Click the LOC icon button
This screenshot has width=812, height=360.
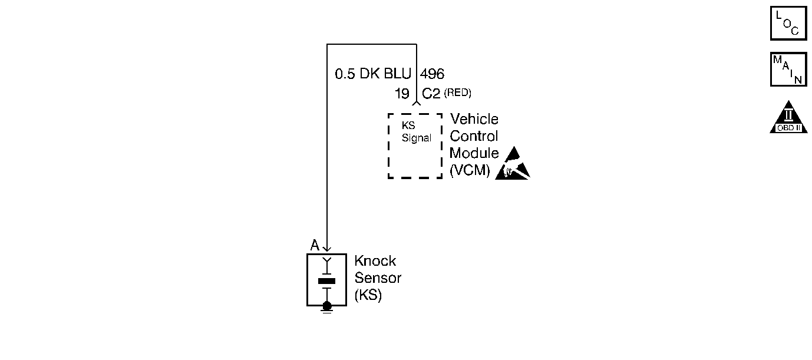click(x=788, y=23)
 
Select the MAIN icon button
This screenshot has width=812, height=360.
click(x=788, y=70)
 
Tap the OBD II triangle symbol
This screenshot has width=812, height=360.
click(x=788, y=118)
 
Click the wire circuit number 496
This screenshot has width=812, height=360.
click(x=432, y=74)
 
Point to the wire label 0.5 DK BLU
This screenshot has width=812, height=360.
click(x=373, y=74)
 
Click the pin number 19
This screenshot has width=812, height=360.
click(x=402, y=94)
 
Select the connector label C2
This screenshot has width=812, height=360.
click(x=431, y=94)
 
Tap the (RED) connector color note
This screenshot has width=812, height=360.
click(x=458, y=93)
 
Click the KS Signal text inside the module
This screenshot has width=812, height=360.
click(x=416, y=133)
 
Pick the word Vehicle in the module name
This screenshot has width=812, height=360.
click(x=474, y=120)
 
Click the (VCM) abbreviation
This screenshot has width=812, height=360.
click(x=470, y=171)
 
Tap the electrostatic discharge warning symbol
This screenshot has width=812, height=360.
click(x=512, y=163)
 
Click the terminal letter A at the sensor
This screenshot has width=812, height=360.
click(x=315, y=245)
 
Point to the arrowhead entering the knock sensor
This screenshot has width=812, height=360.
click(x=327, y=249)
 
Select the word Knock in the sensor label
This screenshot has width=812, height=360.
click(x=375, y=261)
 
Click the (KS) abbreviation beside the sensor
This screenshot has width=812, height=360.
click(x=368, y=296)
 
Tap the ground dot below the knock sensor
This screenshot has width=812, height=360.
click(x=327, y=305)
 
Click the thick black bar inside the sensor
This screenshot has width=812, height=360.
click(x=326, y=281)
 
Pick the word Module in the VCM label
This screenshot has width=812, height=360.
click(x=474, y=154)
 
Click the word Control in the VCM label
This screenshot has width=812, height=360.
click(x=474, y=137)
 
